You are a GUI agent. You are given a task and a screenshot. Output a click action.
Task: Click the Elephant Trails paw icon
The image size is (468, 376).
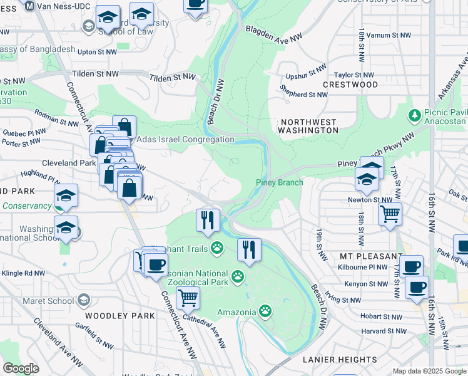tap(217, 249)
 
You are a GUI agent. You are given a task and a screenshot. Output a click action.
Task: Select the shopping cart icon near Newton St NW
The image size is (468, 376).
tap(390, 214)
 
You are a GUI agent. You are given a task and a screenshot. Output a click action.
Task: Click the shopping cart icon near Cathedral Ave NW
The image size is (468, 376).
tap(187, 298)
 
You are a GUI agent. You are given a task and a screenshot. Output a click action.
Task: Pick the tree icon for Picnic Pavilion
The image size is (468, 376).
tap(414, 115)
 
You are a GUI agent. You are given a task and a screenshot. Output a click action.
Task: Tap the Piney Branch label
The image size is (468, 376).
tap(279, 183)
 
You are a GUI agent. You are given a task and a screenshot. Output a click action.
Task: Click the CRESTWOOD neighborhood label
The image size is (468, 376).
tap(350, 84)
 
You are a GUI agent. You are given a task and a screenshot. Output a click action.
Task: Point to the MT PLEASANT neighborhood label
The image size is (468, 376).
tap(372, 257)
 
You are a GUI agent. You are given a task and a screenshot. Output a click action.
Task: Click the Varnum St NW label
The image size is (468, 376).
tap(388, 36)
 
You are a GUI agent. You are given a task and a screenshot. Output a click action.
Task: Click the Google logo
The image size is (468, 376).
tap(21, 368)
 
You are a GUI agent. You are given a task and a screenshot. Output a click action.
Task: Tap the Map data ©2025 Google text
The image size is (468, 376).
tap(429, 371)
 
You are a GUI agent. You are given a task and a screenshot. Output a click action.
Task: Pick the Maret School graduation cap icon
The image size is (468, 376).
tap(83, 301)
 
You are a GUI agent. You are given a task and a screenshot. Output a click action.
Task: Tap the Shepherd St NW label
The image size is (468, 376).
tap(305, 95)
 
